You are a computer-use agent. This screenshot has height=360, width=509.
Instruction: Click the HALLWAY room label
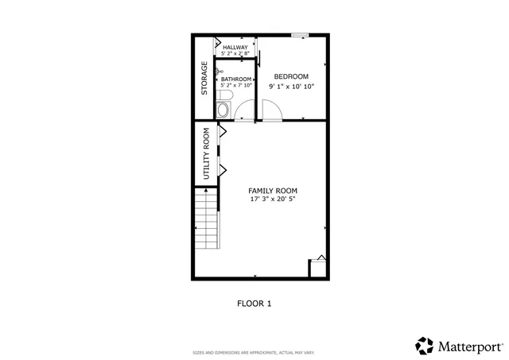235,48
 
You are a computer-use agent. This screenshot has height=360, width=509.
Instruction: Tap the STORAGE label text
204,78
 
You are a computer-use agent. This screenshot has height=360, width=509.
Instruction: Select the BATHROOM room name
236,79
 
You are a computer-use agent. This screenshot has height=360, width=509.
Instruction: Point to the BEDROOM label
292,76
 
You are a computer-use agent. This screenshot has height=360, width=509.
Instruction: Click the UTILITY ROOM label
206,153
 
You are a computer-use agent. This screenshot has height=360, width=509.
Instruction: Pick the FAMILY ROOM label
273,191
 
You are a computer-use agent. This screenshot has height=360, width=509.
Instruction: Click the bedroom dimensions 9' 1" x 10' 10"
292,85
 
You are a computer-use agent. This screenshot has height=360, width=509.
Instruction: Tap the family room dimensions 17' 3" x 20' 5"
273,199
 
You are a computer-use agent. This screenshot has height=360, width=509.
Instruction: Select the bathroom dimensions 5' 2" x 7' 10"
236,86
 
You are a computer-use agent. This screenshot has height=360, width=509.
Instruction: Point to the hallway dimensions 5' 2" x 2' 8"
235,54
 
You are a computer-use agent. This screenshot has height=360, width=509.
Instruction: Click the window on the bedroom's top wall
300,35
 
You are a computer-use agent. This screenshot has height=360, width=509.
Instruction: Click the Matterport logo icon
425,346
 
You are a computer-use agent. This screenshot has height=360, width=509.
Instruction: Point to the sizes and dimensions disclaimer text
254,352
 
